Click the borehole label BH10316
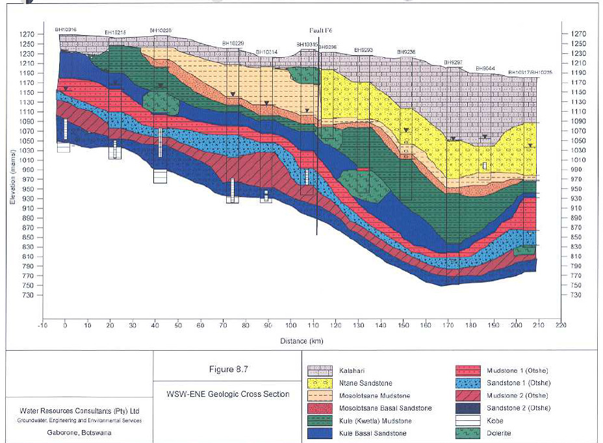[x=66, y=29]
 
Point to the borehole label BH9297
[x=453, y=62]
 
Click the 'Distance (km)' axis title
[x=301, y=340]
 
